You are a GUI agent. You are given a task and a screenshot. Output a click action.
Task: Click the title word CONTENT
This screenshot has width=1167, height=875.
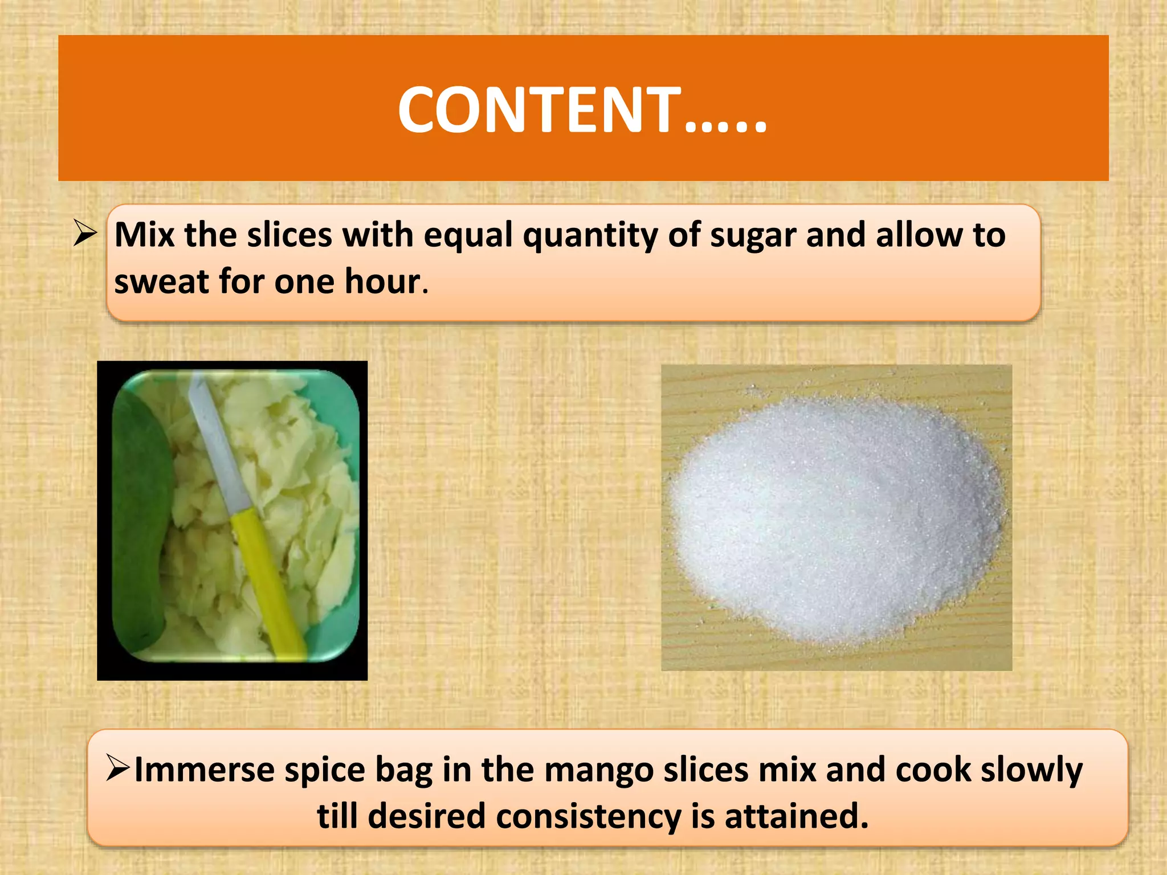[x=538, y=110]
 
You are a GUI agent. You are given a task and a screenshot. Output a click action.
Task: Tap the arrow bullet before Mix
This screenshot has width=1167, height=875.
[x=85, y=234]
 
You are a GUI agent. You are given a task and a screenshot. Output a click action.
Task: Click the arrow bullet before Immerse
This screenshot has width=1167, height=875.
[x=119, y=768]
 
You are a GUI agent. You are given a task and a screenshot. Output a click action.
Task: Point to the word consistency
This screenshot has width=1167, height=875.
[x=588, y=816]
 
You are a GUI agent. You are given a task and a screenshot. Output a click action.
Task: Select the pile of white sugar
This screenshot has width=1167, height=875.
[x=835, y=518]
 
